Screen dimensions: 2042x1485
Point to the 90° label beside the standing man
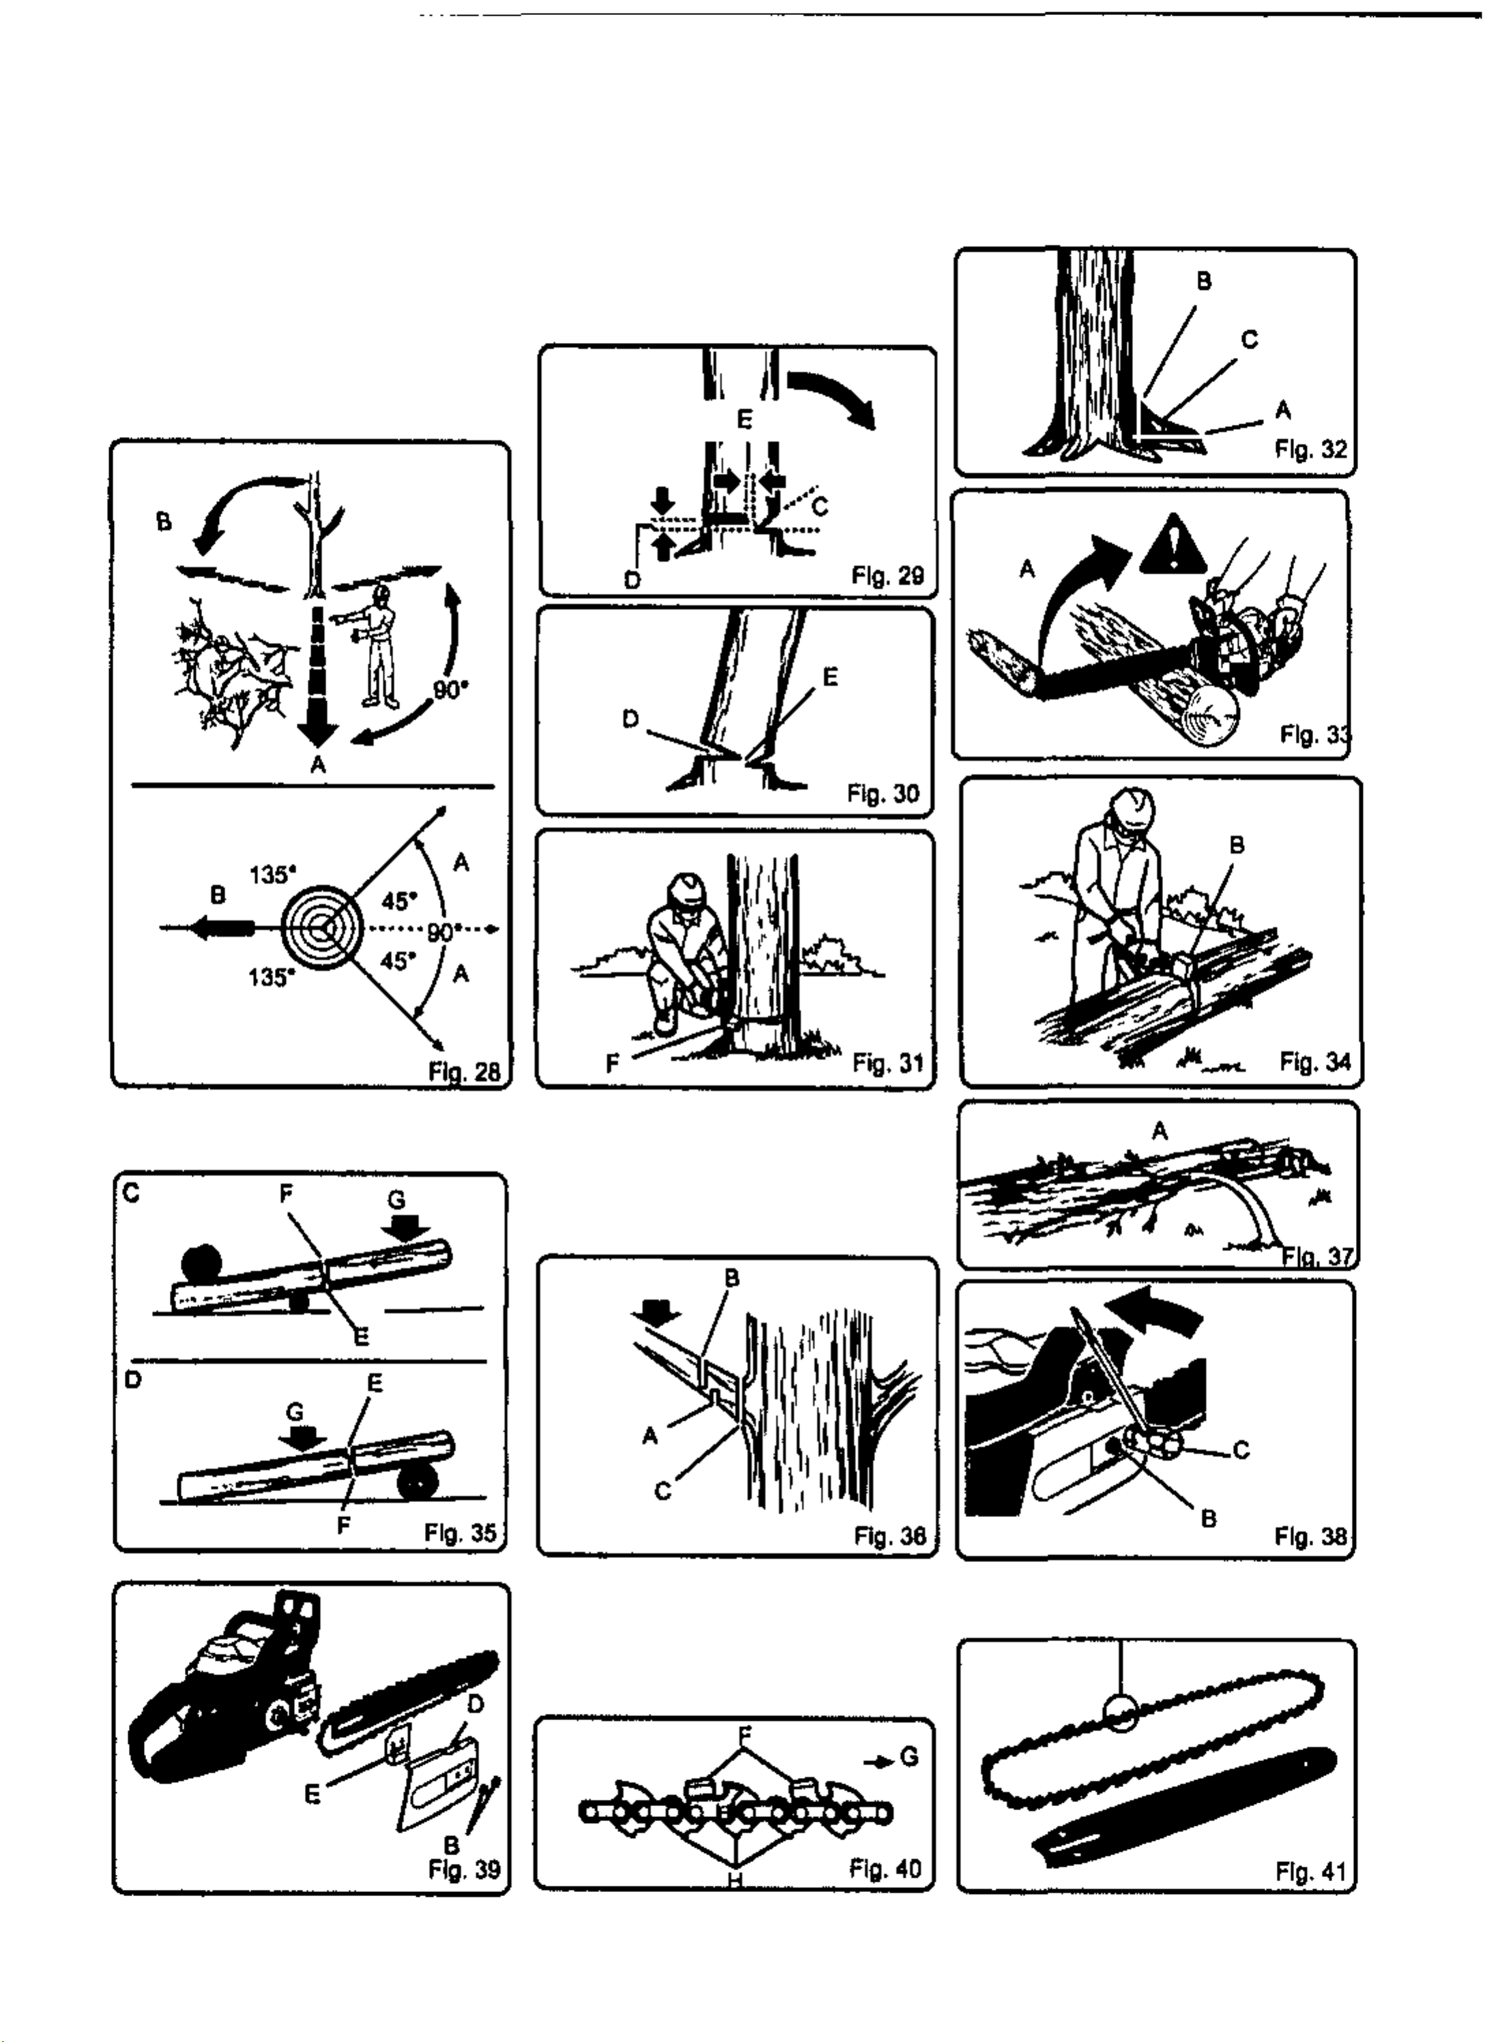451,690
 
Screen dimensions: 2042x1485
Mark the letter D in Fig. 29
632,579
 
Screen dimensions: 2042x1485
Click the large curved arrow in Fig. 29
832,396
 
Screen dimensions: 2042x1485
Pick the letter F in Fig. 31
613,1064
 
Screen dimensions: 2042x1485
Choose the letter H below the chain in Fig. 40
734,1882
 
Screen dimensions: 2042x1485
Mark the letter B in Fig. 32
1204,282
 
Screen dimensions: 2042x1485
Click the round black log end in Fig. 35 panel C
203,1262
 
